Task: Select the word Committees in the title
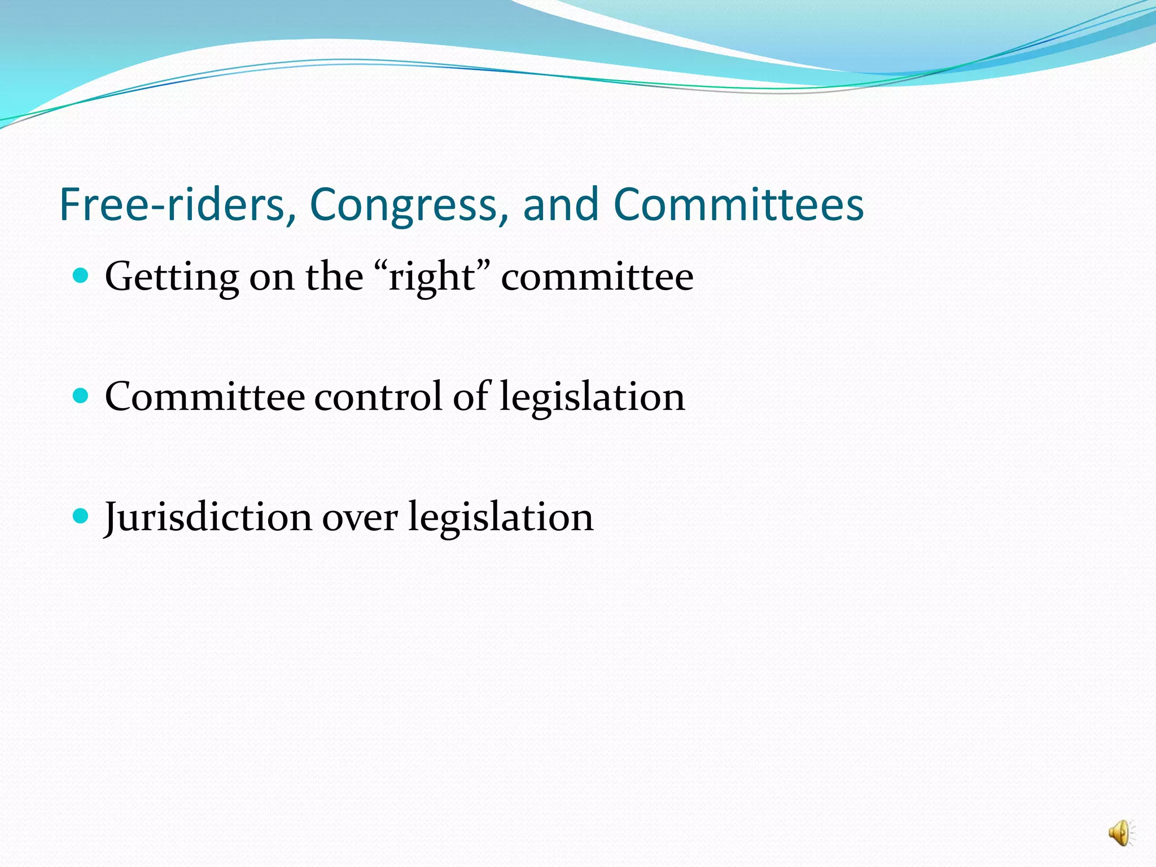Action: [738, 204]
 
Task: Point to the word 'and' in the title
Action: [561, 204]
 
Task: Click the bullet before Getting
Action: [81, 275]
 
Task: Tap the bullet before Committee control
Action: [81, 396]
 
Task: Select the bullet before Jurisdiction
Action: [81, 515]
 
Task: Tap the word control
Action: [378, 396]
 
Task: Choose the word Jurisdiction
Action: [208, 517]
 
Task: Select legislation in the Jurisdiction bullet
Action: [501, 517]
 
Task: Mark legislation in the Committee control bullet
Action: [592, 397]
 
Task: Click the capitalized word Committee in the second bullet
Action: [205, 396]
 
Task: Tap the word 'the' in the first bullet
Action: [334, 277]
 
